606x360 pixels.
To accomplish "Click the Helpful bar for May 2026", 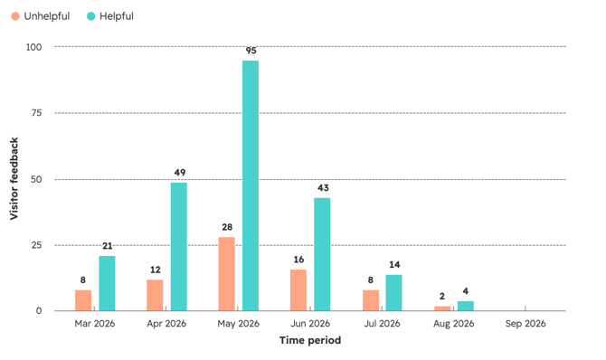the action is (251, 185).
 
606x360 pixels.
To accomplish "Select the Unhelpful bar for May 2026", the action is (226, 274).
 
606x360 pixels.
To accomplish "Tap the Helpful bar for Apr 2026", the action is (178, 247).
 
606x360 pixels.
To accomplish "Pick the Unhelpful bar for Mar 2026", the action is (83, 300).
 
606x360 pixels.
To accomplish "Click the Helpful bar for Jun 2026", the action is (322, 254).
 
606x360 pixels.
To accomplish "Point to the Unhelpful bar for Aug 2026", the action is (442, 308).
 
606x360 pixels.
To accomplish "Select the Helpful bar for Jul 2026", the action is (393, 293).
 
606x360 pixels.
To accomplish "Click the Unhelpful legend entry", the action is (40, 16).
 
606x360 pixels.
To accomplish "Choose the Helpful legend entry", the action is (110, 16).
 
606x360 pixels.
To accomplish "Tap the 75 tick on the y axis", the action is (36, 113).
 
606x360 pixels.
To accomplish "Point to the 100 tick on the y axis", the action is (34, 47).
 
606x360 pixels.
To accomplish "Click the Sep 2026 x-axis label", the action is (526, 323).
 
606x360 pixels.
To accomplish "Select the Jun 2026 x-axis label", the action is (310, 323).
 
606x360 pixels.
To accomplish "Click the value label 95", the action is (251, 51).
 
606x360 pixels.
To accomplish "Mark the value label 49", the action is (180, 173).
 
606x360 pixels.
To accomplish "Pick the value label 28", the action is (227, 227).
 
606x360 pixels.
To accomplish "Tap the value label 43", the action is (323, 188).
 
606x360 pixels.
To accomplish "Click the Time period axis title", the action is (310, 340).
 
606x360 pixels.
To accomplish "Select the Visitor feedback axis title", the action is (14, 179).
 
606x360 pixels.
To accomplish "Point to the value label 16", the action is (298, 260).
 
